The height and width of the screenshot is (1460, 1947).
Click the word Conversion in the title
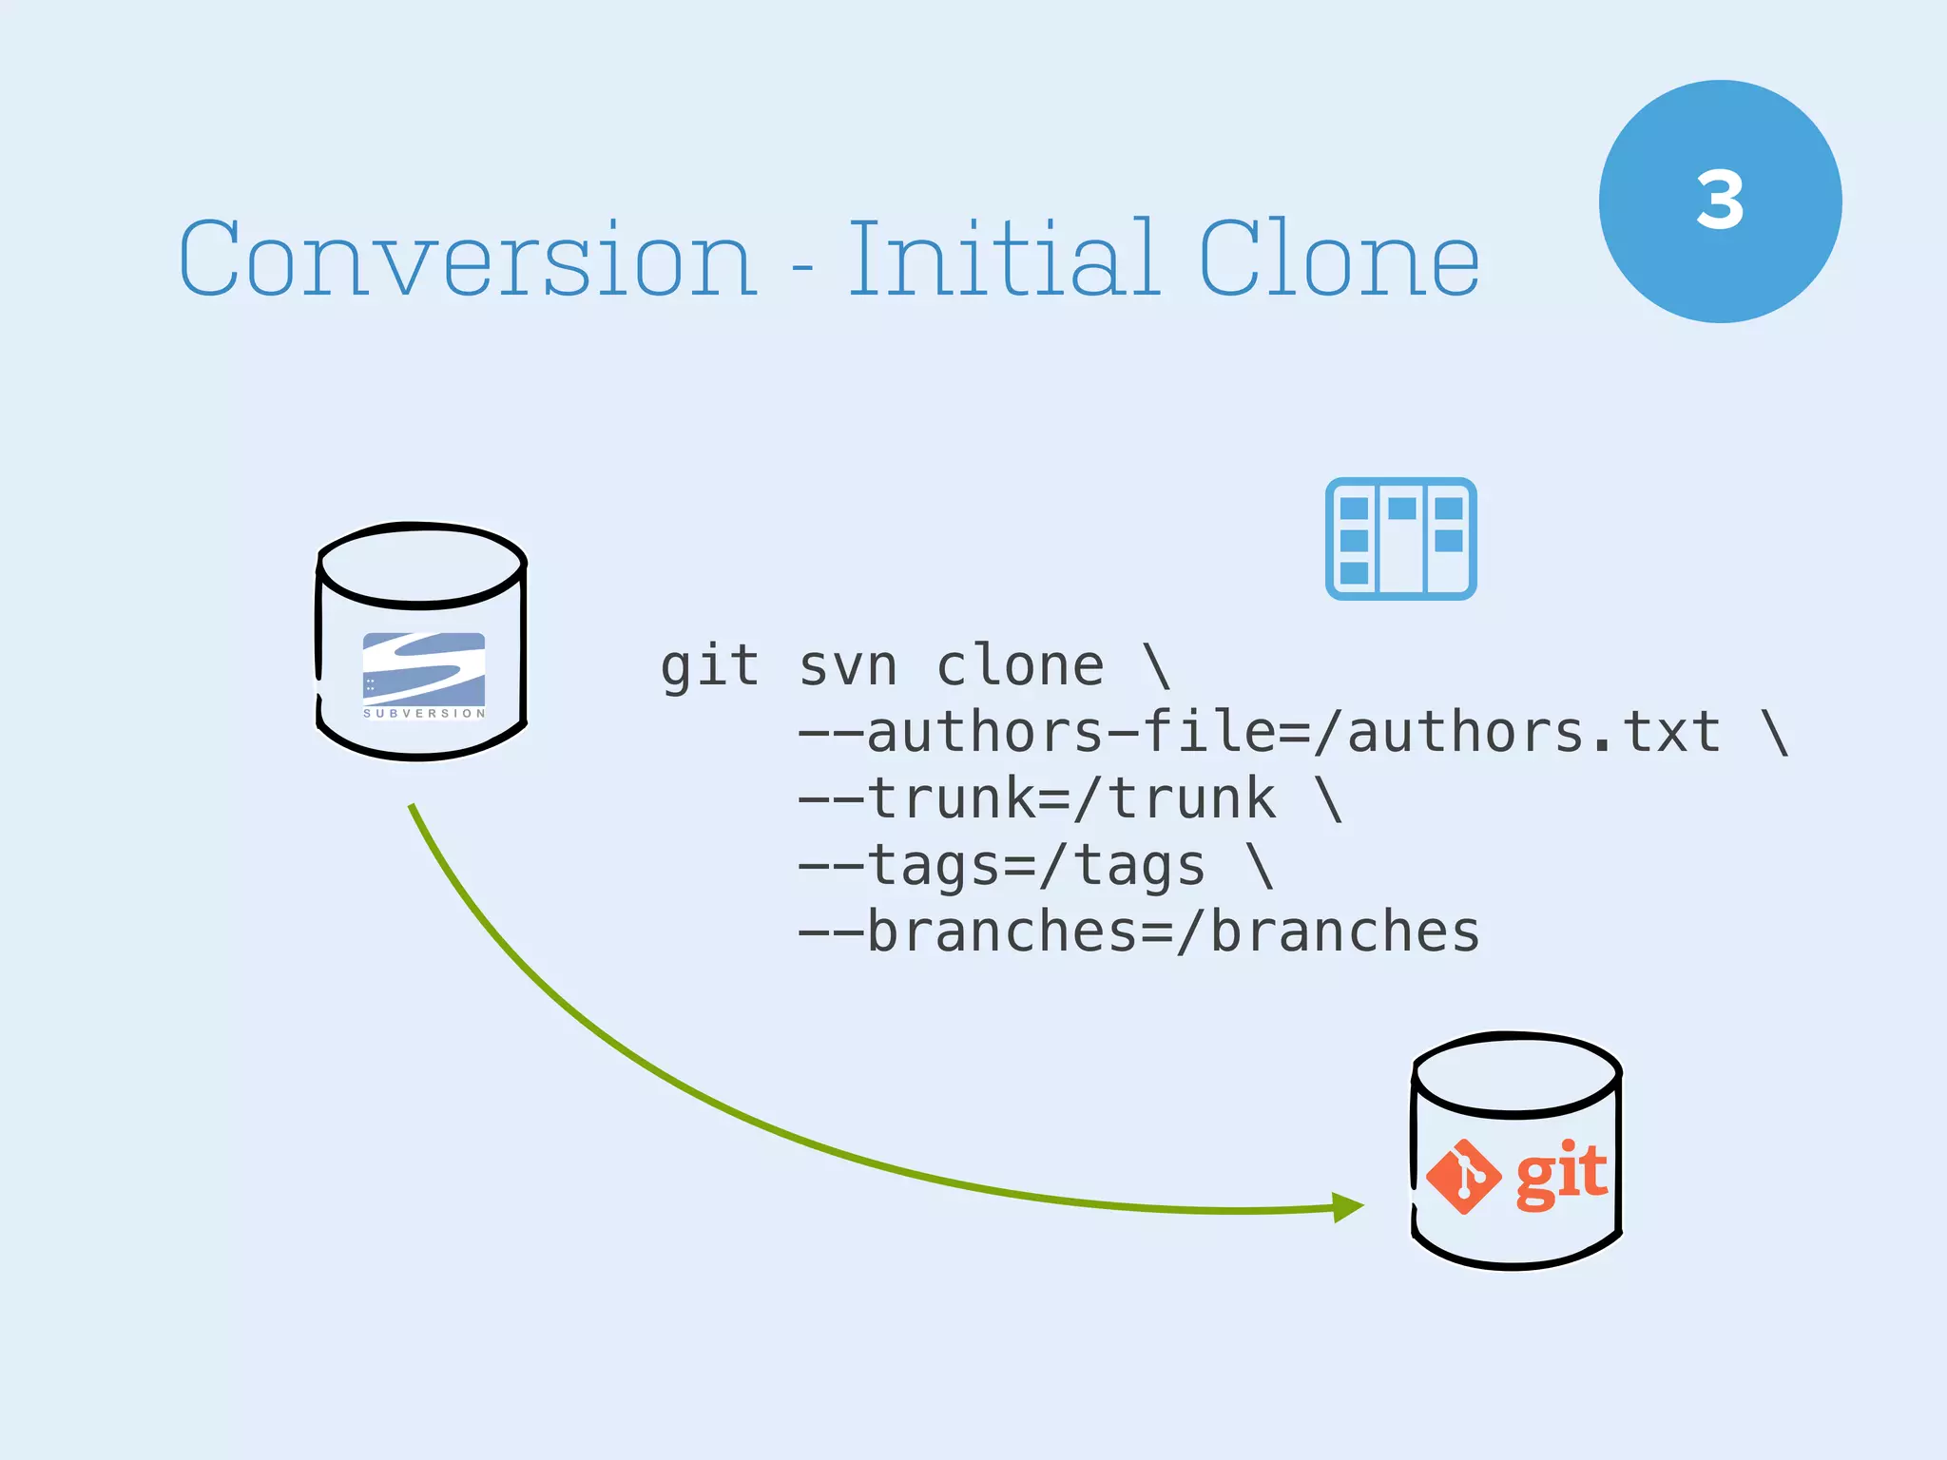click(x=468, y=259)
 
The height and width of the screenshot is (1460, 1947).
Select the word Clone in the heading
click(x=1339, y=259)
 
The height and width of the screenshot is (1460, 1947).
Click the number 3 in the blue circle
click(x=1720, y=201)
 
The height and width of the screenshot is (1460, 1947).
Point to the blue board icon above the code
click(x=1400, y=539)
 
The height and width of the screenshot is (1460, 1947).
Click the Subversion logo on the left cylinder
click(x=424, y=674)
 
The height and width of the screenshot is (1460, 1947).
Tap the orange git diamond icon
click(x=1464, y=1177)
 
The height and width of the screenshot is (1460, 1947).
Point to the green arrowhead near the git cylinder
click(x=1346, y=1207)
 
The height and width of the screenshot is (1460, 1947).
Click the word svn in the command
click(x=848, y=665)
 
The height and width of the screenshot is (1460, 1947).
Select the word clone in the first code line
click(x=1020, y=665)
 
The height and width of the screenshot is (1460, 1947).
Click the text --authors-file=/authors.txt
click(x=1259, y=732)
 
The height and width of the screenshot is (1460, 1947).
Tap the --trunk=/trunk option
click(x=1036, y=798)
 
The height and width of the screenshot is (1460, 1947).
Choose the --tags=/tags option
click(x=1001, y=865)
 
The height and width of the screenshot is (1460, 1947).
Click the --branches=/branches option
click(x=1138, y=932)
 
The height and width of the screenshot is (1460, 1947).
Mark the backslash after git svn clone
click(x=1157, y=665)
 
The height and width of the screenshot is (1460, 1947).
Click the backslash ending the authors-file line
click(x=1775, y=732)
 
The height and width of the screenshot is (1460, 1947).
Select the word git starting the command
click(x=709, y=665)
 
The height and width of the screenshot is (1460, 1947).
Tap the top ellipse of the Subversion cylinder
click(x=421, y=564)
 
